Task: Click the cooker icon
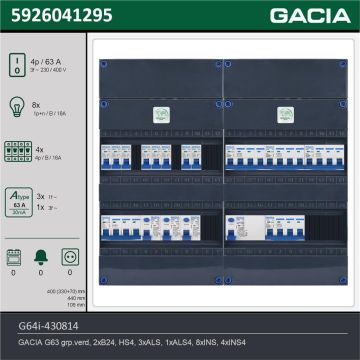coord(14,256)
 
